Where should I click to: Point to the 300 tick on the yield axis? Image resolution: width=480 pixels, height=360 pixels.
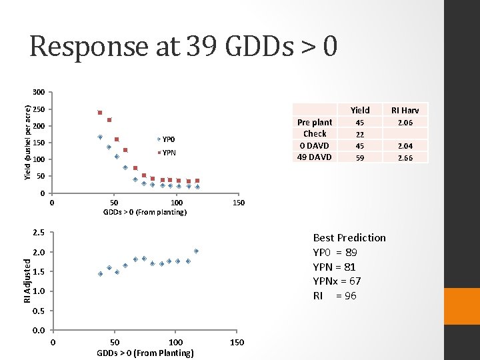(39, 92)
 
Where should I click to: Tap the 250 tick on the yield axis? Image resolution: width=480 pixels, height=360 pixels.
(39, 109)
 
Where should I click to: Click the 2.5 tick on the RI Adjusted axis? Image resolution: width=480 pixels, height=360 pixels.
(39, 233)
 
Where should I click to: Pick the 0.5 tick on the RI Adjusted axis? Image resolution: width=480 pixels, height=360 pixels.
(39, 311)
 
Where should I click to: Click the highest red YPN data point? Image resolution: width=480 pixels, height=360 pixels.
(99, 113)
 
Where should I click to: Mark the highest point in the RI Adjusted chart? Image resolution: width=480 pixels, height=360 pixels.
(197, 251)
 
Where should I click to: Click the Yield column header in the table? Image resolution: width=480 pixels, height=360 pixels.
(359, 110)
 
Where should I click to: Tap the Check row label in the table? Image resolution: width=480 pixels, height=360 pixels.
(315, 134)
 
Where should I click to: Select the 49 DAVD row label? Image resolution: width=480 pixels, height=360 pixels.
(315, 157)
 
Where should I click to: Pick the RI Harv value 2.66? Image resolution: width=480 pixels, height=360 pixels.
(405, 158)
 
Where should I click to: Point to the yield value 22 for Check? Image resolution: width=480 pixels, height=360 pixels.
(359, 134)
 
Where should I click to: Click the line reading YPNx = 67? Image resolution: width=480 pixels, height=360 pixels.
(337, 281)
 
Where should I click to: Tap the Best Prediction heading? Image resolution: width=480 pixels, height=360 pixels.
(349, 238)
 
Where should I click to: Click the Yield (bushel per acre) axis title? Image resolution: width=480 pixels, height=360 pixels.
(27, 142)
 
